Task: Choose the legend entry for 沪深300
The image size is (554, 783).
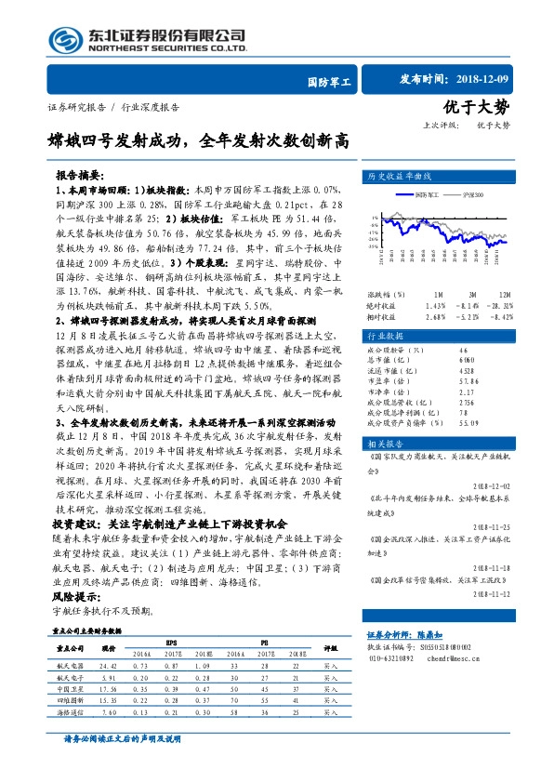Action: tap(473, 193)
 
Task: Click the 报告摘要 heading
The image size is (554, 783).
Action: tap(78, 175)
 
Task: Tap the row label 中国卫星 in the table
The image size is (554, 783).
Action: tap(71, 688)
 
